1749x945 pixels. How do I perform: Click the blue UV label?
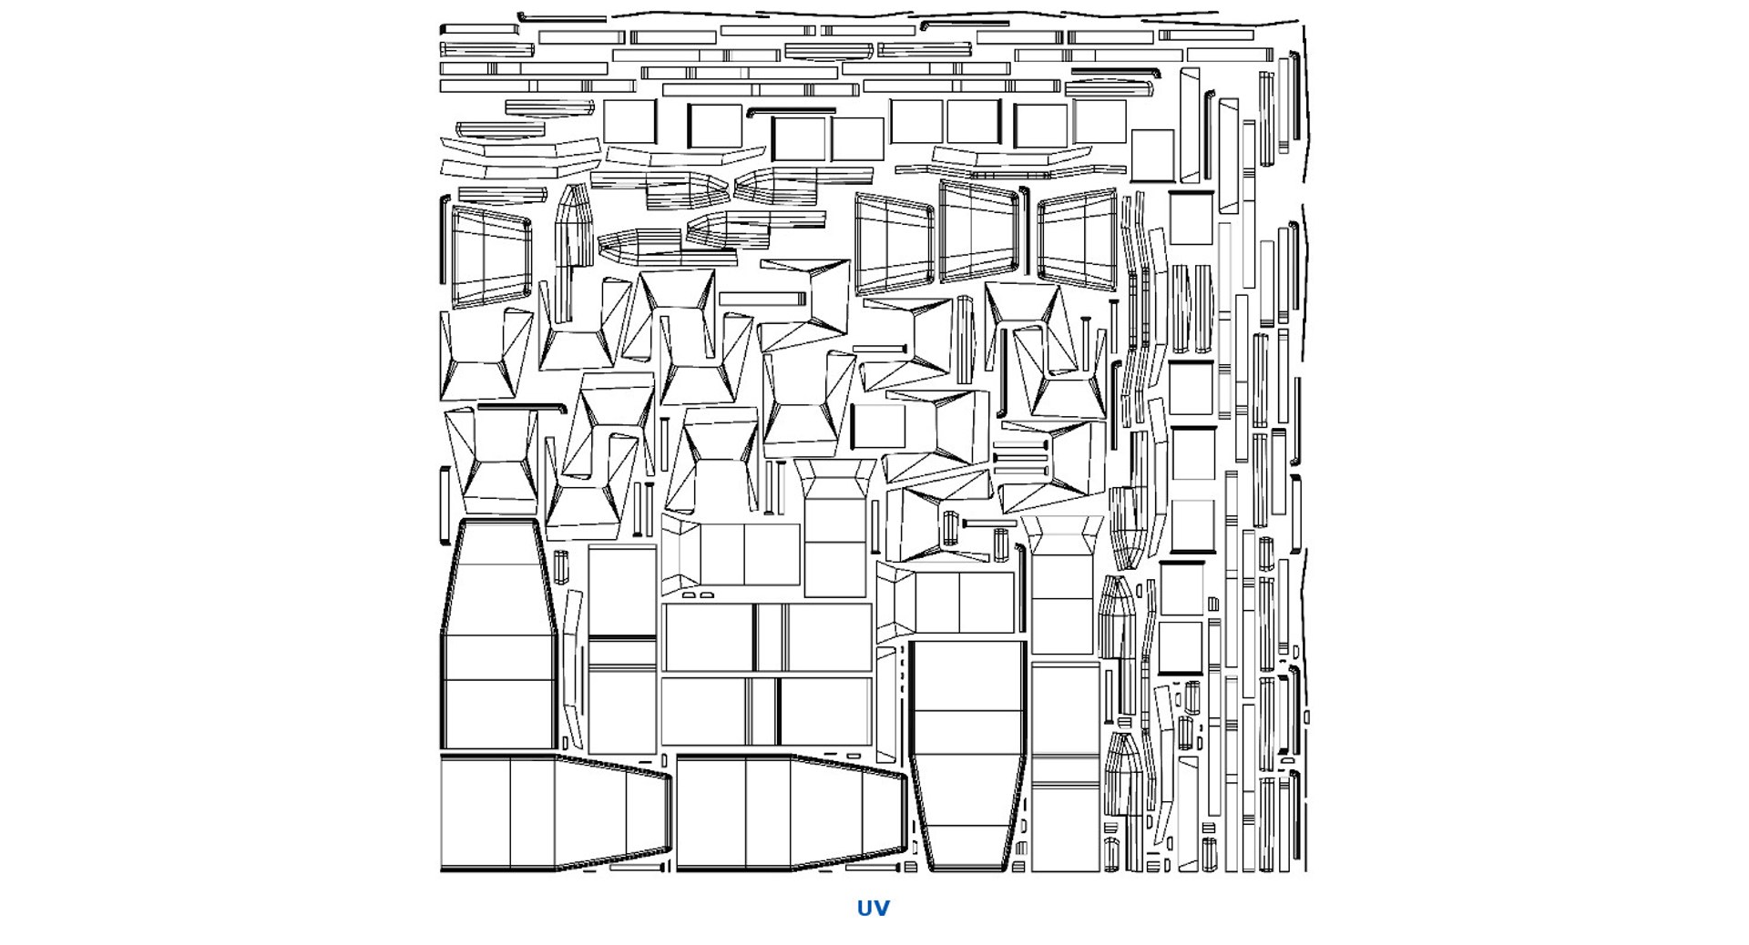(x=873, y=908)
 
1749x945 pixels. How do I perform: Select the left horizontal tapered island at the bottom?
(x=556, y=812)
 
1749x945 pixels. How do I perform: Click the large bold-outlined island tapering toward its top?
(x=499, y=635)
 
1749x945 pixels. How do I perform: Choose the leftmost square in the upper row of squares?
(x=629, y=122)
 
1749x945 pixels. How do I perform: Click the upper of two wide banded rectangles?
(x=767, y=637)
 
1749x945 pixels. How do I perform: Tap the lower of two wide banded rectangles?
(x=767, y=711)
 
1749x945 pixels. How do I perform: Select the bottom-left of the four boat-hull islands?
(x=639, y=246)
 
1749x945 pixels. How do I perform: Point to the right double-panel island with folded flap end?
(x=946, y=601)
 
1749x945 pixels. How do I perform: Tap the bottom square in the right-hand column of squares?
(x=1181, y=646)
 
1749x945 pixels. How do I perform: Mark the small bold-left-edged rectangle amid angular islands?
(x=877, y=426)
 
